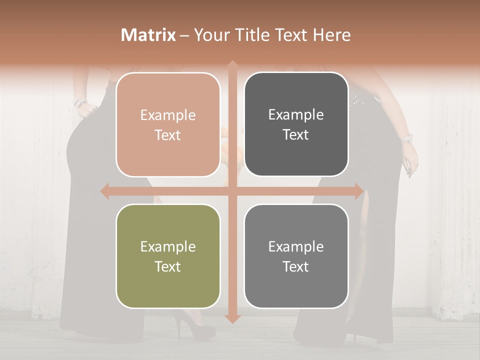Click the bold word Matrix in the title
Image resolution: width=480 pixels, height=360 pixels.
[x=148, y=35]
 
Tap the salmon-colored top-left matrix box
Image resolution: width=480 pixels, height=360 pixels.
[x=168, y=124]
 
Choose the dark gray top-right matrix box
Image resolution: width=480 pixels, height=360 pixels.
[x=296, y=124]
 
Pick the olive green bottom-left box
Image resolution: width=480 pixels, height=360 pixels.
[x=168, y=256]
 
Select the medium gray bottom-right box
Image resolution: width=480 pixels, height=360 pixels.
[x=296, y=256]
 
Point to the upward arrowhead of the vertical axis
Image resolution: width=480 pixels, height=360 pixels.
[x=232, y=65]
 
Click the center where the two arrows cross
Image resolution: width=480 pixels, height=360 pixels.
[x=232, y=191]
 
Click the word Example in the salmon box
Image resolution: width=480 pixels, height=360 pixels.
[x=168, y=115]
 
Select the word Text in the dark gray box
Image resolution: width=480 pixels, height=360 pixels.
[x=296, y=135]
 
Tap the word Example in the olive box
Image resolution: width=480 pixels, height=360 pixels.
[x=168, y=247]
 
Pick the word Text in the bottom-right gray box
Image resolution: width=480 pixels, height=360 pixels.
[x=296, y=266]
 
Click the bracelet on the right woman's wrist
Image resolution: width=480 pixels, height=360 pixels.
[x=406, y=137]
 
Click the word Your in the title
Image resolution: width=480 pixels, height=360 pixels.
[x=209, y=35]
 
